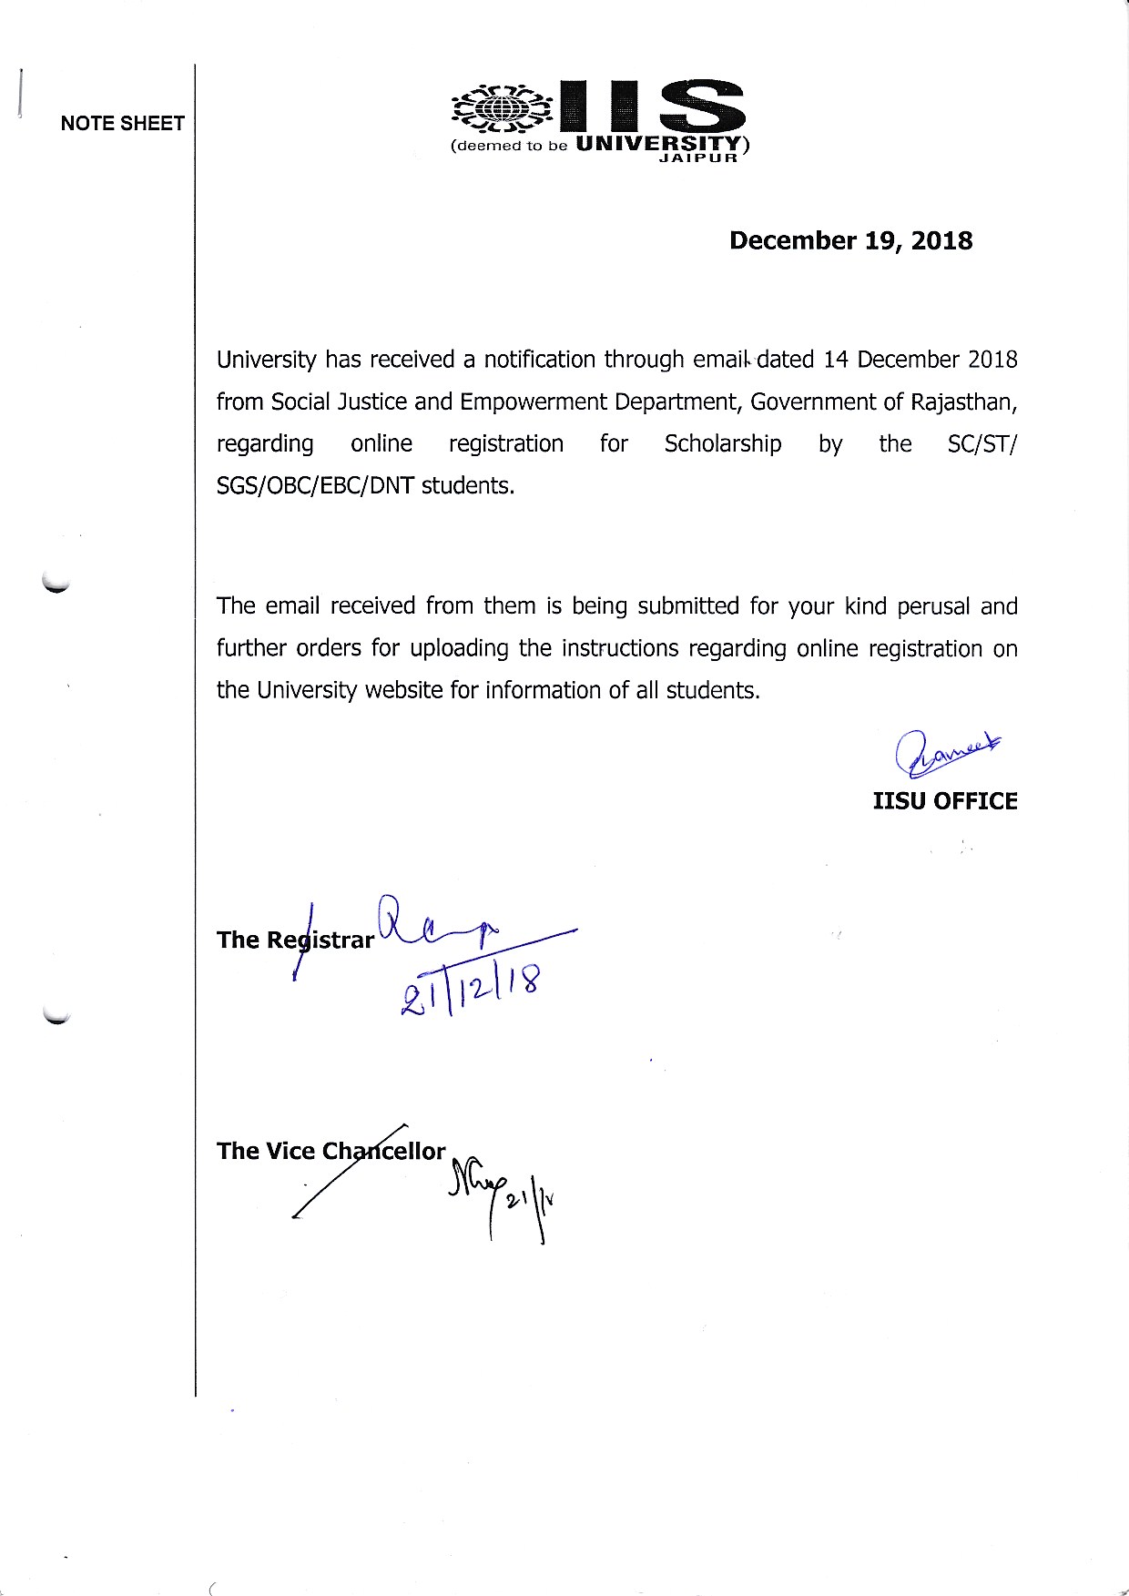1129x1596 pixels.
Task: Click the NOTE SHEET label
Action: [x=123, y=124]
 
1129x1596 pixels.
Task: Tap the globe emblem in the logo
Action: [x=502, y=109]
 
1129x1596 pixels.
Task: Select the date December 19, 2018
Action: [x=850, y=240]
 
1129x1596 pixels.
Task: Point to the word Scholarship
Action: [x=722, y=443]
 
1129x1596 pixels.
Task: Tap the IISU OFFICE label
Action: [x=944, y=801]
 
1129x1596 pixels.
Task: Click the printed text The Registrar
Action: [x=295, y=940]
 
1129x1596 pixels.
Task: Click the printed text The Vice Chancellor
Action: [x=331, y=1151]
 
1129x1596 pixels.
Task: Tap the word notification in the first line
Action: [x=539, y=360]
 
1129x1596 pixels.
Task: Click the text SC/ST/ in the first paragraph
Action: [x=982, y=443]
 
